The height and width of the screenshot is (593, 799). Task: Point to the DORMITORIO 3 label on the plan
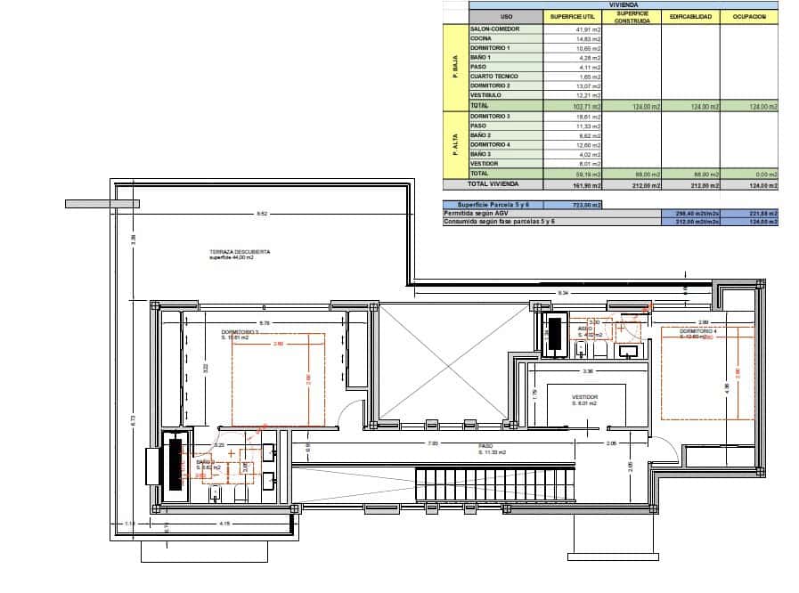pyautogui.click(x=240, y=335)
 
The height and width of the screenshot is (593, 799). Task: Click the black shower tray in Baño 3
pyautogui.click(x=558, y=335)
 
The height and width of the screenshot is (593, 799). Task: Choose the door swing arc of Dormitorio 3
pyautogui.click(x=354, y=414)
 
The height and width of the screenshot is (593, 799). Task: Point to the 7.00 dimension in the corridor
pyautogui.click(x=433, y=443)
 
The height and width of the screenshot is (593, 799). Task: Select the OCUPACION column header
pyautogui.click(x=749, y=17)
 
